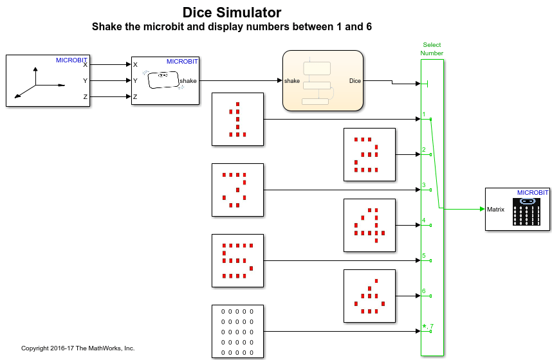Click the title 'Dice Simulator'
(232, 12)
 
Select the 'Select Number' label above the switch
(432, 49)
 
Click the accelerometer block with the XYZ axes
(48, 80)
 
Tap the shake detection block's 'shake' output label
(188, 81)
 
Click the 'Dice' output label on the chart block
(354, 81)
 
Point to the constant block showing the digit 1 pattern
(237, 119)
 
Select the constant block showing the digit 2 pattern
(369, 154)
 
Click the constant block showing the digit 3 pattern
(237, 190)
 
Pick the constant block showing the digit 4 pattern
(369, 225)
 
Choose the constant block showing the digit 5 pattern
(237, 260)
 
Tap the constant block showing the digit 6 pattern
(369, 296)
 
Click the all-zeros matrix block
(237, 331)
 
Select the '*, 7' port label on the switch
(428, 327)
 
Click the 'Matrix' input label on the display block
(495, 209)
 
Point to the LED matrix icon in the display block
(527, 212)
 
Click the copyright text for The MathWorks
(78, 348)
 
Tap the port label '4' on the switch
(424, 221)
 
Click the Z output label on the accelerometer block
(85, 96)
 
